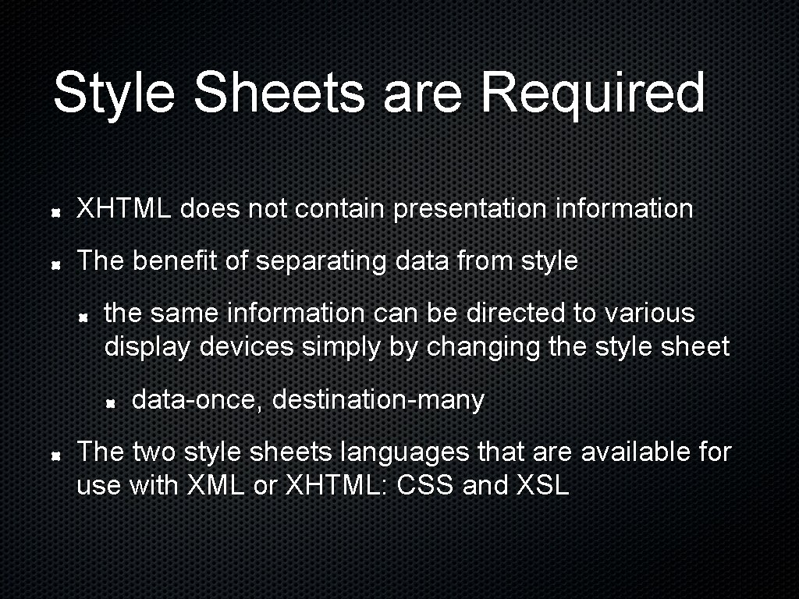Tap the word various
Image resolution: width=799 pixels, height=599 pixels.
click(647, 313)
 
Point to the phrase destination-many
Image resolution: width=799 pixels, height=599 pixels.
click(378, 400)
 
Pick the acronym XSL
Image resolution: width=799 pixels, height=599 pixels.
click(543, 486)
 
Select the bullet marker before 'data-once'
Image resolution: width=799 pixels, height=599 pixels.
click(112, 402)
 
